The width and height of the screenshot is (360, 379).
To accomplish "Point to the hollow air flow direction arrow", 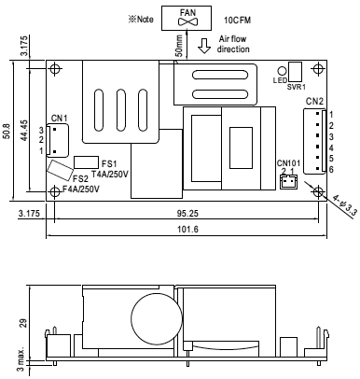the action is [204, 46].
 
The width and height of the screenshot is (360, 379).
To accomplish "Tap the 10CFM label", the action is [238, 21].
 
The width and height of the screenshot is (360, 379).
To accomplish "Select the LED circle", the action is [282, 71].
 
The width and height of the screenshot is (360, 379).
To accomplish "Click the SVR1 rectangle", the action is [295, 72].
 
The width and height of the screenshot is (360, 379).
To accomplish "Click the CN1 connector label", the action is [59, 119].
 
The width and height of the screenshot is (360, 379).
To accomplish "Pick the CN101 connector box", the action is [288, 182].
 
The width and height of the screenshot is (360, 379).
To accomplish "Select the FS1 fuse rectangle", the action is [86, 162].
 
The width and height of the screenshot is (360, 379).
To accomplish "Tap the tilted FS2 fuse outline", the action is [60, 170].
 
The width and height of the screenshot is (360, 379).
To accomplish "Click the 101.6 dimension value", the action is [187, 230].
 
